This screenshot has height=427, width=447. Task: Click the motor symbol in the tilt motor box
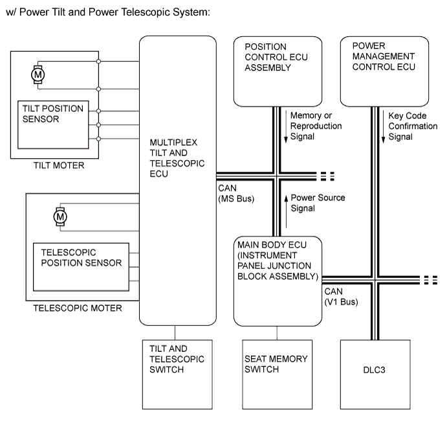pyautogui.click(x=38, y=75)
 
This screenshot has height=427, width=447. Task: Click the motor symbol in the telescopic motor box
pyautogui.click(x=60, y=216)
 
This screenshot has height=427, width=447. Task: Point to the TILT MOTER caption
pyautogui.click(x=58, y=165)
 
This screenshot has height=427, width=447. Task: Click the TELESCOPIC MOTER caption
pyautogui.click(x=77, y=308)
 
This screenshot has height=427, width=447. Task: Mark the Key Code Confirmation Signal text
pyautogui.click(x=413, y=126)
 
